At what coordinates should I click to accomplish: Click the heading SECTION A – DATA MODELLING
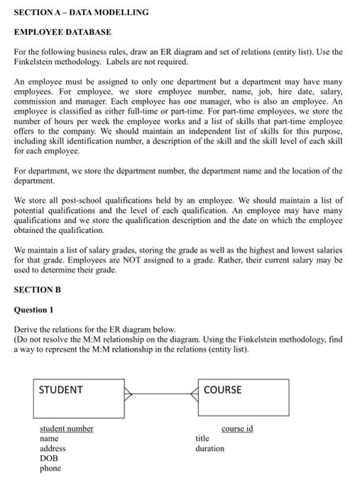pos(82,12)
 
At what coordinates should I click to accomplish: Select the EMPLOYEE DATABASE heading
pos(62,33)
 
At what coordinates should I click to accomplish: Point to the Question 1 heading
pos(34,310)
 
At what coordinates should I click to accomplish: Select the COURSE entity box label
pos(222,390)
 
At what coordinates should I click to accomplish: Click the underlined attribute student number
pos(66,429)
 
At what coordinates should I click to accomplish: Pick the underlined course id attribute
pos(237,429)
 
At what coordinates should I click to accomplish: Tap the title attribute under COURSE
pos(202,439)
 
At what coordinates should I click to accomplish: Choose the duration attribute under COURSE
pos(209,449)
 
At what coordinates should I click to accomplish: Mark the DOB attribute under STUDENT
pos(48,459)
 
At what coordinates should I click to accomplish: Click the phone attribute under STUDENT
pos(50,469)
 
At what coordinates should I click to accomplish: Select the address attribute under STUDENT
pos(53,449)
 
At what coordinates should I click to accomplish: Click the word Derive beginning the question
pos(27,330)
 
